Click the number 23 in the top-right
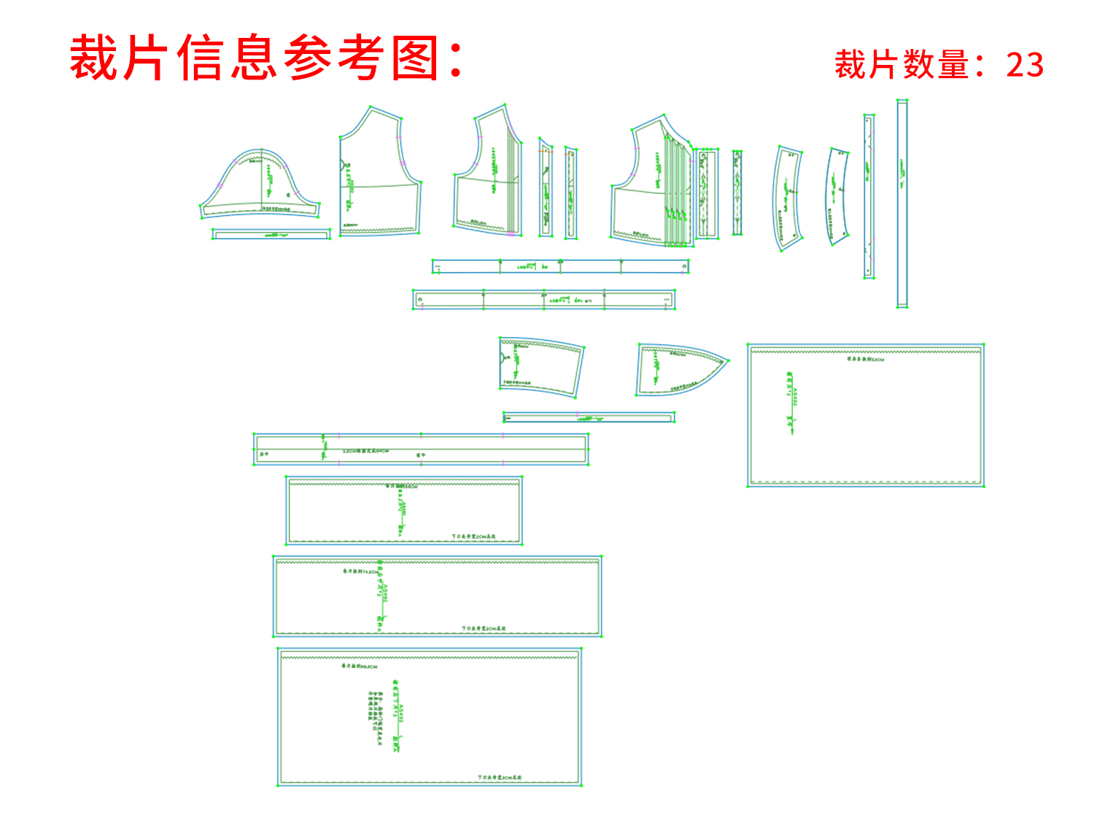click(1025, 65)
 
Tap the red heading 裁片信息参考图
click(266, 58)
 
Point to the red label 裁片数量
click(901, 65)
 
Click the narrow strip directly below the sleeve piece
click(271, 234)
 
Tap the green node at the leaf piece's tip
click(728, 360)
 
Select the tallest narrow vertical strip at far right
click(902, 204)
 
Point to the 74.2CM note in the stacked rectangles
click(361, 572)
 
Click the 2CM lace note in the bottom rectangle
click(500, 778)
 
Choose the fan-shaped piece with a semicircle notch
click(541, 366)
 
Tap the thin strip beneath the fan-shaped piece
click(588, 418)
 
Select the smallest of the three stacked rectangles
click(403, 511)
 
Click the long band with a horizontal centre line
click(421, 449)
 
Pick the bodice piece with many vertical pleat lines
click(651, 186)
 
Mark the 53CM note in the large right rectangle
click(865, 359)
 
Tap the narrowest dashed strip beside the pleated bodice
click(737, 193)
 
